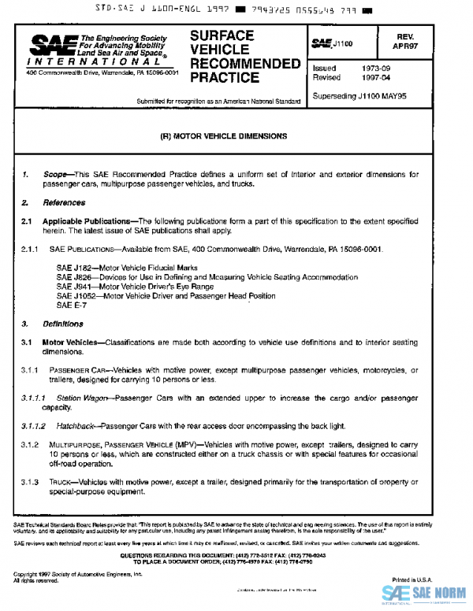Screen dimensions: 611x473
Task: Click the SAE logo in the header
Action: coord(45,46)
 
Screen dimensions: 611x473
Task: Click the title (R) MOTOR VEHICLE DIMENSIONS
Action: coord(223,135)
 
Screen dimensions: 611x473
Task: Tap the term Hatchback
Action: coord(75,426)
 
